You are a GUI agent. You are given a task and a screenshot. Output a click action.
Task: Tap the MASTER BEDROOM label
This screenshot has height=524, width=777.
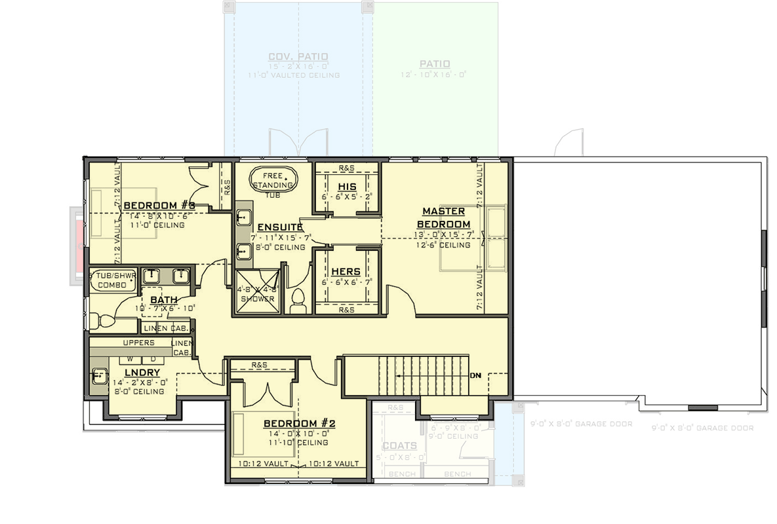pos(443,217)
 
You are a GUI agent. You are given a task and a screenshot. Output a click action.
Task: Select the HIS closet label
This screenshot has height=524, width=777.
pos(347,187)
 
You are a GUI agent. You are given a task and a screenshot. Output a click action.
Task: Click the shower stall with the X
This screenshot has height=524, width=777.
pos(257,292)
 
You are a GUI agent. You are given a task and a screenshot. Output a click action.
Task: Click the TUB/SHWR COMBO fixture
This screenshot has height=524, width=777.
pos(112,280)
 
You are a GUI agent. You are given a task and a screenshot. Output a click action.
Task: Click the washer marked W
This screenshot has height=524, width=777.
pos(130,359)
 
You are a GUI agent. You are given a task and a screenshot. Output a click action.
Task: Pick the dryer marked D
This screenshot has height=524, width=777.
pos(153,359)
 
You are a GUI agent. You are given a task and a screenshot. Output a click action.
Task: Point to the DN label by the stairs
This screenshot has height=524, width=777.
pos(475,376)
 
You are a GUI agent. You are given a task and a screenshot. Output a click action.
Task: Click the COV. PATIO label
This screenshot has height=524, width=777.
pos(298,57)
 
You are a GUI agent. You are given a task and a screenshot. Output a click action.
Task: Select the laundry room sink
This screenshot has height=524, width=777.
pos(100,377)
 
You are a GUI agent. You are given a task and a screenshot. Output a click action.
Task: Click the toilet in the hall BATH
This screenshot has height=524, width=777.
pos(100,321)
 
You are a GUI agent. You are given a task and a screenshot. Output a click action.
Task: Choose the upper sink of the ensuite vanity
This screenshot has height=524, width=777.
pos(243,217)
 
